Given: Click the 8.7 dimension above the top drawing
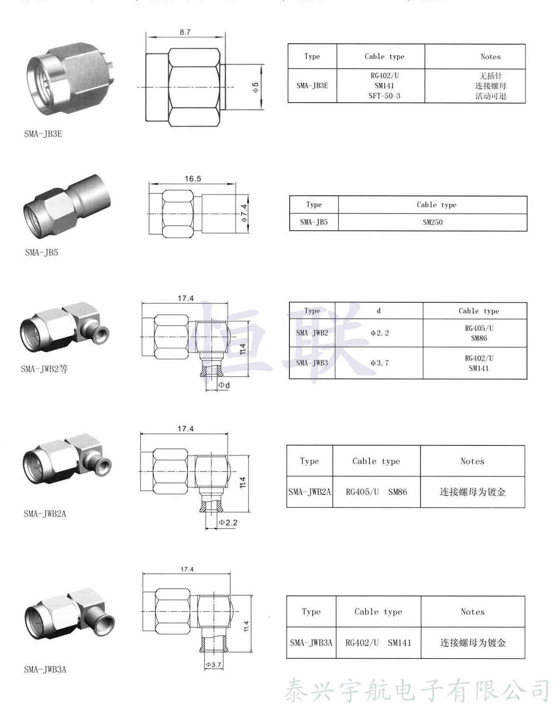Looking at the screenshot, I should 185,32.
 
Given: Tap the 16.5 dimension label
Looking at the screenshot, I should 193,178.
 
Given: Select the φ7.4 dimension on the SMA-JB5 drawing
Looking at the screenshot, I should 244,213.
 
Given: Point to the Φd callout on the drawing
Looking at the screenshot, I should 224,385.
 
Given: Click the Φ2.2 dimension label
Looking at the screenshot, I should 228,522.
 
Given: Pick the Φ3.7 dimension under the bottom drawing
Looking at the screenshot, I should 213,665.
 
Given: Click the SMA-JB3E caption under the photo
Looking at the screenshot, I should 43,134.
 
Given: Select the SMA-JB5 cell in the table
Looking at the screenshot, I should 314,222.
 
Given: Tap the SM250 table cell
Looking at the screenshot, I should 433,222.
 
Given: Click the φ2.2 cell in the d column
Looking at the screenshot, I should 379,333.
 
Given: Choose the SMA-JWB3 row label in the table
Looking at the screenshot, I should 312,363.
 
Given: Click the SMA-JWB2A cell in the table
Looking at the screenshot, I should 310,492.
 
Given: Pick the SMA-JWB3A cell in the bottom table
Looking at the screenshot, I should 311,643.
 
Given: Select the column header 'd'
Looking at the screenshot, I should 379,311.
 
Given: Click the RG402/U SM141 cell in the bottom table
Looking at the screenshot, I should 378,643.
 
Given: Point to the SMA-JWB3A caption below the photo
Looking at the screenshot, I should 45,669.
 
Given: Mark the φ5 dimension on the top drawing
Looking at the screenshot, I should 255,87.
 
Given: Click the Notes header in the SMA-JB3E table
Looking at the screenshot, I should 490,56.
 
